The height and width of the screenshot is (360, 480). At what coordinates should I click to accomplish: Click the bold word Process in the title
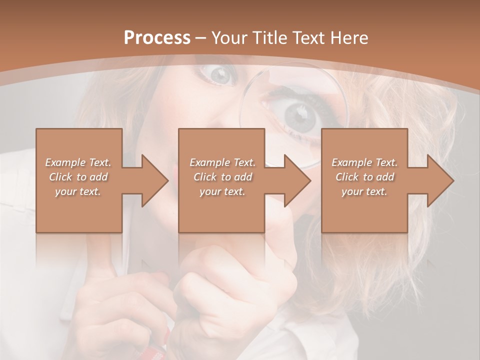(x=157, y=38)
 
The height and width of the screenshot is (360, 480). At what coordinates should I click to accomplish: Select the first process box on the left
(x=79, y=210)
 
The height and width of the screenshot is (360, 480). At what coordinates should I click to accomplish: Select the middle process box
(x=221, y=210)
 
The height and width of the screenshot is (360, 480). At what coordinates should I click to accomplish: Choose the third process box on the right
(x=364, y=210)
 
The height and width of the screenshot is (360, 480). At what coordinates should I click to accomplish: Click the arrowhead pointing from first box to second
(x=155, y=180)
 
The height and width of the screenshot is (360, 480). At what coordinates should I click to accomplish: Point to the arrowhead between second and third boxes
(x=297, y=180)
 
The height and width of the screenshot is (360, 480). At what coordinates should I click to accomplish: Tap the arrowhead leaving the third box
(x=440, y=180)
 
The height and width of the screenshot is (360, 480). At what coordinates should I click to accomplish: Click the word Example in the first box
(x=65, y=162)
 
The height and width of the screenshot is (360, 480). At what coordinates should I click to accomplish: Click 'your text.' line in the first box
(x=78, y=191)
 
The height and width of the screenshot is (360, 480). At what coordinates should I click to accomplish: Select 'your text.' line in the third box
(x=364, y=191)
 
